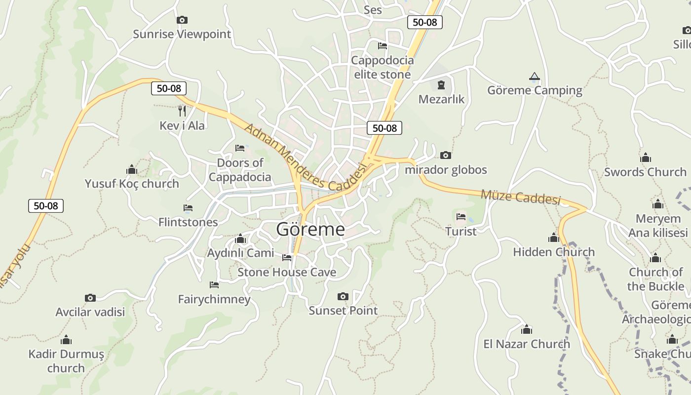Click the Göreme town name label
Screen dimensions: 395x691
coord(310,229)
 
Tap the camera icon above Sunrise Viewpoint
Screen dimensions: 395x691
coord(182,20)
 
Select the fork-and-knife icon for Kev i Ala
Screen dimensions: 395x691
coord(182,111)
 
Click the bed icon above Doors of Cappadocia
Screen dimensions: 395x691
coord(240,148)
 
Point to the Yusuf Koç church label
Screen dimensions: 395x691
coord(132,184)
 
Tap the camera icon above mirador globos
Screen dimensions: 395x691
coord(445,156)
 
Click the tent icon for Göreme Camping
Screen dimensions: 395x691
coord(534,77)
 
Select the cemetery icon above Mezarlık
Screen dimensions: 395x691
coord(441,84)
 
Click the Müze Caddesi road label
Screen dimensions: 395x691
coord(521,197)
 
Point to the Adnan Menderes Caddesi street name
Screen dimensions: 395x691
coord(306,158)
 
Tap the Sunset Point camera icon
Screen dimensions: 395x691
coord(343,297)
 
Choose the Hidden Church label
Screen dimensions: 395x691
coord(554,252)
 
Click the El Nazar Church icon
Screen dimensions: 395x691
coord(527,330)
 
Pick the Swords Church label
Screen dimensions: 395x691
coord(645,172)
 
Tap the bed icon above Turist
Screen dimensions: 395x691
coord(461,217)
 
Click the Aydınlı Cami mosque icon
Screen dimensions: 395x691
coord(240,239)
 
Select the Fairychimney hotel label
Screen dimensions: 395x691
coord(214,299)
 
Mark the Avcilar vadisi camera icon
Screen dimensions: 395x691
coord(90,298)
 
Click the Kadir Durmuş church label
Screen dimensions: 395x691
coord(66,361)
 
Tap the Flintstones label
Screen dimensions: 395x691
coord(188,222)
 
